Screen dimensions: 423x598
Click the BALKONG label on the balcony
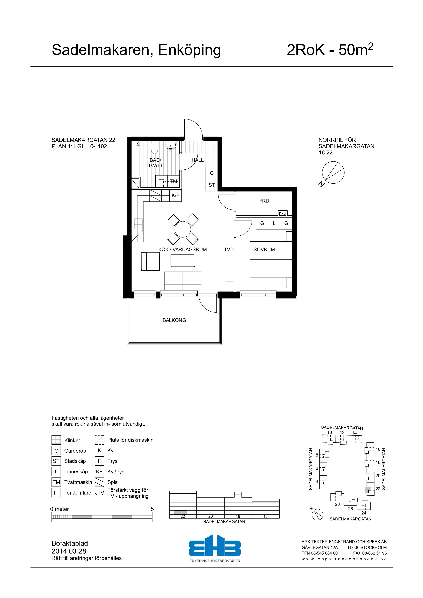tap(174, 320)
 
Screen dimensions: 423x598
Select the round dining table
tap(183, 229)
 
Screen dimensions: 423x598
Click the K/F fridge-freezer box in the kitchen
tap(175, 195)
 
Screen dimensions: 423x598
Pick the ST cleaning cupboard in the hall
tap(212, 185)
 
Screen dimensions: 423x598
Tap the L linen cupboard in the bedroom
tap(274, 223)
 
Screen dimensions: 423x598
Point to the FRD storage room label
tap(264, 201)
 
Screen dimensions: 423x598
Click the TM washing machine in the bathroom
tap(174, 181)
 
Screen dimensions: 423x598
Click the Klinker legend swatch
tap(56, 440)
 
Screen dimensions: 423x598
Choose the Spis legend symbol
tap(99, 482)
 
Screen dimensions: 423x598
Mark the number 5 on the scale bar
tap(152, 509)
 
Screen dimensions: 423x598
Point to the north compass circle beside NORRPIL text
tap(333, 172)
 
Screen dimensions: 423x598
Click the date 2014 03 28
tap(69, 551)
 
